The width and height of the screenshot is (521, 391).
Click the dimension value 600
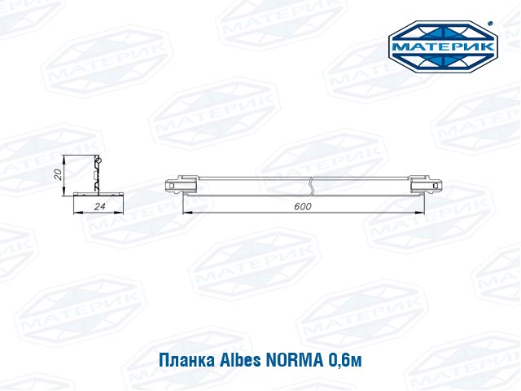[303, 206]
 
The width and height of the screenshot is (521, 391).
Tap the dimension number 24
[99, 206]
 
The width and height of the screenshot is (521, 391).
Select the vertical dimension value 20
[58, 174]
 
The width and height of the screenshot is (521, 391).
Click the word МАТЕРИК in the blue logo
[443, 46]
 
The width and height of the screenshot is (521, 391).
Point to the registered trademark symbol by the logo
[492, 24]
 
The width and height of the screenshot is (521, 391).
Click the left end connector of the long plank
[182, 185]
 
